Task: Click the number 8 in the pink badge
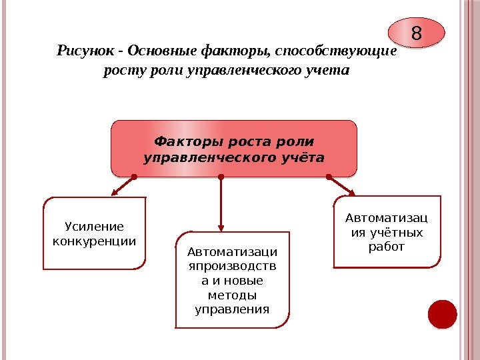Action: (417, 33)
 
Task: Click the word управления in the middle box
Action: (232, 309)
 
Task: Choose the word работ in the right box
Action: (387, 247)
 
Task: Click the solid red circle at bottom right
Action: (442, 314)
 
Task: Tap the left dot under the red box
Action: (134, 177)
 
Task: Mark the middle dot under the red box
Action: (221, 177)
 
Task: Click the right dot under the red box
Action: (329, 177)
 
